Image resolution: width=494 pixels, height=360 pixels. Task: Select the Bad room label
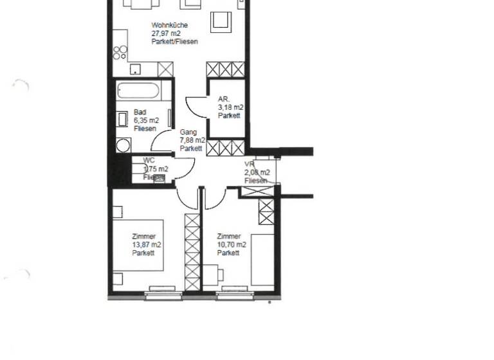140,112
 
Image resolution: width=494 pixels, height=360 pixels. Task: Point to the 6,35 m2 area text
147,120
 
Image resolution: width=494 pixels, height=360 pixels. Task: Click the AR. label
224,99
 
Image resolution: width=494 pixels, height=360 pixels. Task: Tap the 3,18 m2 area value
230,107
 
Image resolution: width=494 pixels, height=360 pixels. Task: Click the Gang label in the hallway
188,132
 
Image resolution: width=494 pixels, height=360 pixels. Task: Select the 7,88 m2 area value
192,140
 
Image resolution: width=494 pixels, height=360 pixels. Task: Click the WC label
149,160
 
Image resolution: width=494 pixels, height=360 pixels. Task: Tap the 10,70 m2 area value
232,245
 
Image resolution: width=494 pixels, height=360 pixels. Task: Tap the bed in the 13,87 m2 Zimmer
138,246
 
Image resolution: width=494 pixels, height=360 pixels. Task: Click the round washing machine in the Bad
122,145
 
